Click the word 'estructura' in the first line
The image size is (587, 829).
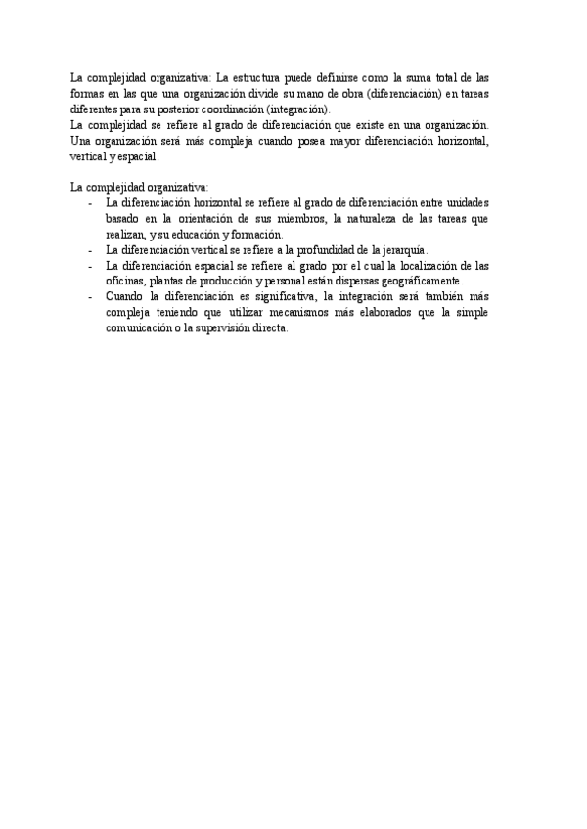255,77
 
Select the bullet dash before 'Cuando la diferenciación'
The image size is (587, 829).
89,296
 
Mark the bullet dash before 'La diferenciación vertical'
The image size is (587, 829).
89,249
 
